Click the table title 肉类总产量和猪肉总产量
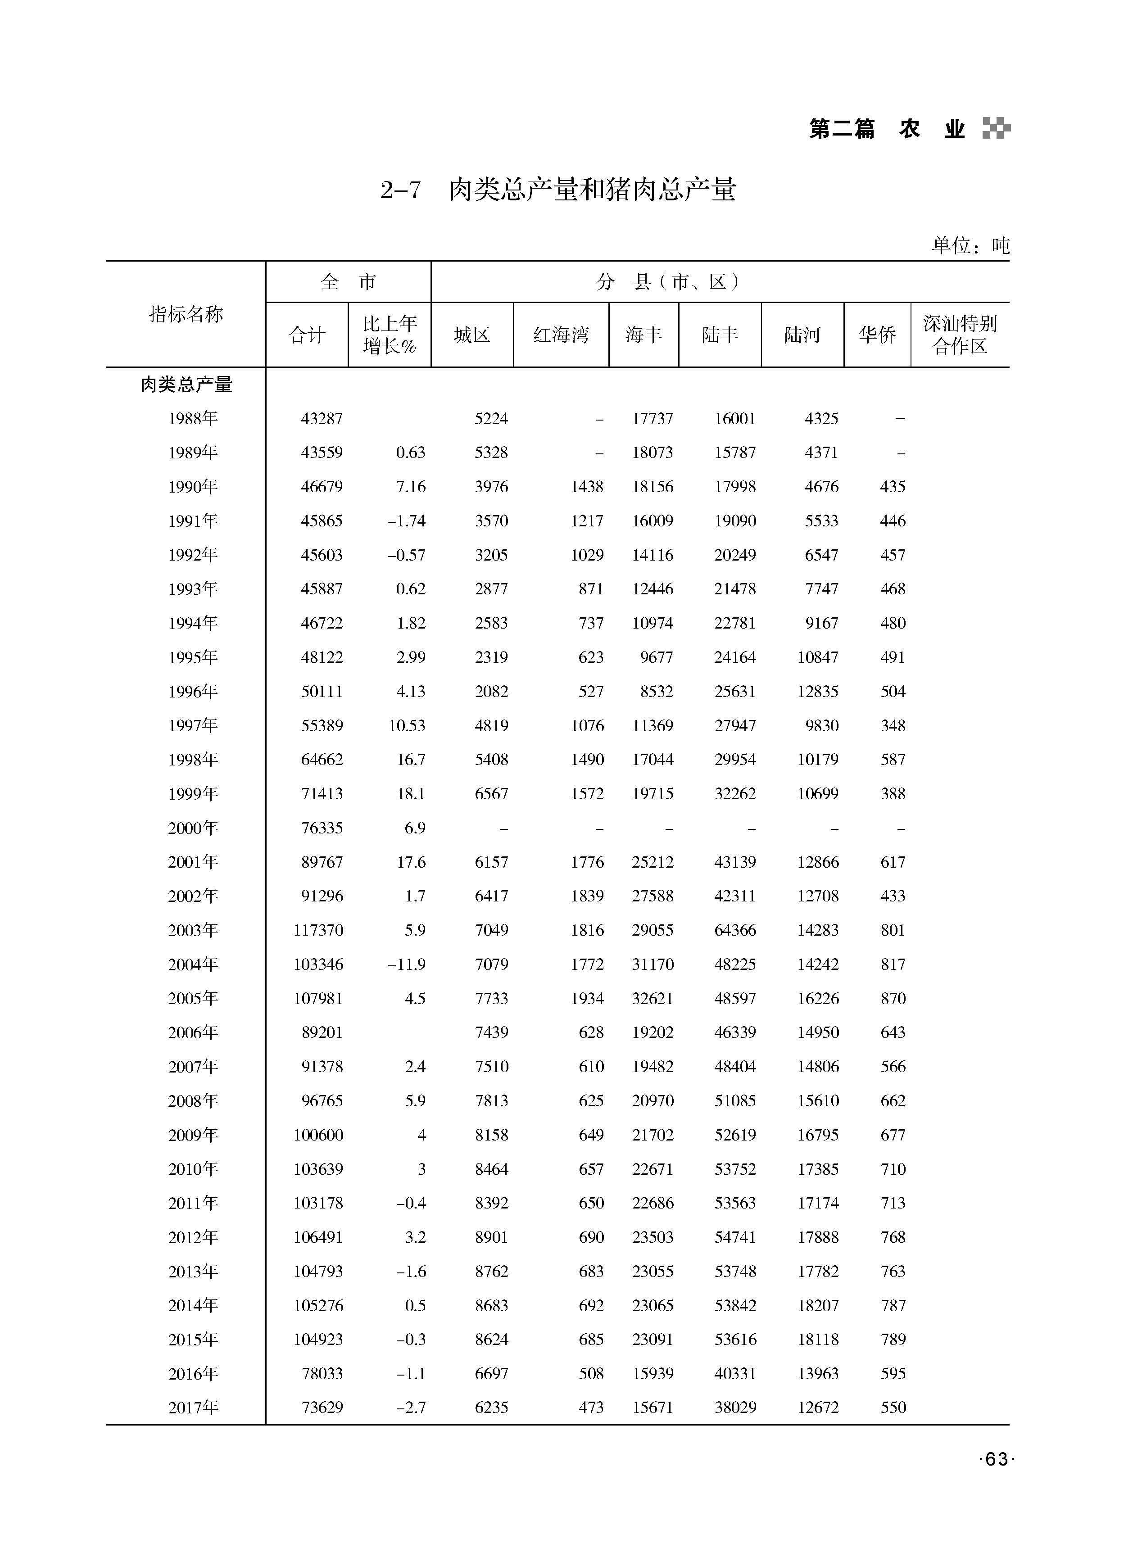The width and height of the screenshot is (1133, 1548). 592,190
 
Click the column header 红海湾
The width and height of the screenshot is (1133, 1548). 561,335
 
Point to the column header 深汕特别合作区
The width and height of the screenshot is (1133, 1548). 960,335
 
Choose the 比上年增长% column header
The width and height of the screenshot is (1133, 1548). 390,335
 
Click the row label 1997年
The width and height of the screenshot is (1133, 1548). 193,725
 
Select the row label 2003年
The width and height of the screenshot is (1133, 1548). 193,930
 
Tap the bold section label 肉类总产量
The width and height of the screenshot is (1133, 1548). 186,385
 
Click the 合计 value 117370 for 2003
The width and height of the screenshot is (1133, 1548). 318,930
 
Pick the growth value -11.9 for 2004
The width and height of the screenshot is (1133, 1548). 406,964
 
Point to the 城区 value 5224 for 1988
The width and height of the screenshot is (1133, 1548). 491,419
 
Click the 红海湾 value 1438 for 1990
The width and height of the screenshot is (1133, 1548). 587,487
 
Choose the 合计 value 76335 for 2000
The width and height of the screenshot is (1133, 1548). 322,828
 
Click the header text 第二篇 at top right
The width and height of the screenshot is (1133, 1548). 842,129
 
